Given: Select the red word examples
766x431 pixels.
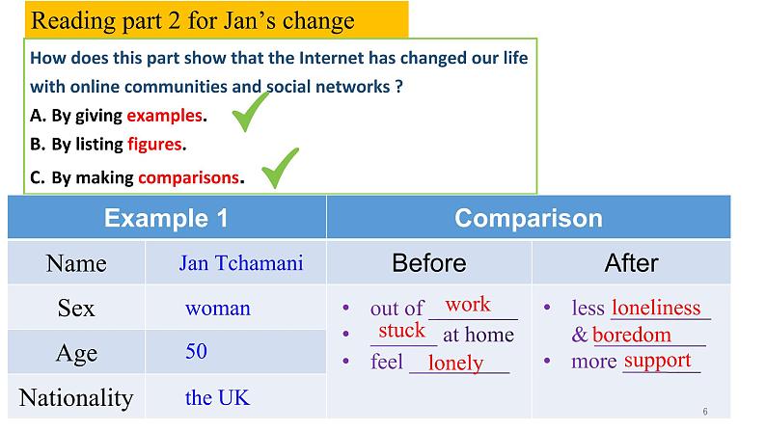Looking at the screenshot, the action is click(165, 116).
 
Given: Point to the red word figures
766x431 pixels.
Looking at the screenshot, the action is click(155, 145).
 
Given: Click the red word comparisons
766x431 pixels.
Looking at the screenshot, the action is click(188, 177).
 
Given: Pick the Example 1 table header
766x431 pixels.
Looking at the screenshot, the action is click(166, 218).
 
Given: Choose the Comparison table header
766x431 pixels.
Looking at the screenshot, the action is click(529, 218).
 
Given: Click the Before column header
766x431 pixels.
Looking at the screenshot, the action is click(429, 263).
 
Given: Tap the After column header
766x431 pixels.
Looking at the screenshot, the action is click(631, 263).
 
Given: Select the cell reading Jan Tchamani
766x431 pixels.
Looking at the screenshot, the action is click(241, 263).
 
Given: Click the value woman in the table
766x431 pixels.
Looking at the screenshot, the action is click(218, 309).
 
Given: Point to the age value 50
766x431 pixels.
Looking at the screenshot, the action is click(197, 351).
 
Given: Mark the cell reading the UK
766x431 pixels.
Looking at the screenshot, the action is click(217, 398).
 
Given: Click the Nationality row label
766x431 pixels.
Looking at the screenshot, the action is click(76, 398).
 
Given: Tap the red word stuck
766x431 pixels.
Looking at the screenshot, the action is click(401, 331).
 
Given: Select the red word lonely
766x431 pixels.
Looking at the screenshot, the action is click(455, 363).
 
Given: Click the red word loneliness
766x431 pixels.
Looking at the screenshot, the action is click(656, 308).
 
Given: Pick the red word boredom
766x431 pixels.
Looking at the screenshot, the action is click(632, 335).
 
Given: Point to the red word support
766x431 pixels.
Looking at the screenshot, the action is click(658, 362).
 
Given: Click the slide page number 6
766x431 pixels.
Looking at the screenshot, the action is click(705, 412).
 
